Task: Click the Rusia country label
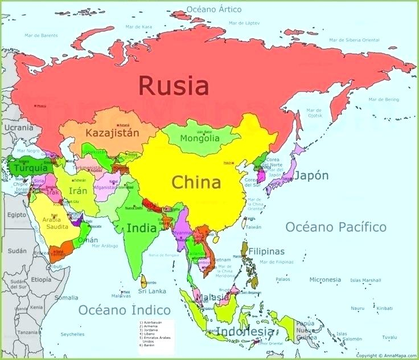pyautogui.click(x=174, y=87)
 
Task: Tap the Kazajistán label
pyautogui.click(x=112, y=133)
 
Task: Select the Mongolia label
pyautogui.click(x=199, y=138)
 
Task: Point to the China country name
pyautogui.click(x=196, y=183)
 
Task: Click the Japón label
pyautogui.click(x=311, y=175)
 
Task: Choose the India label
pyautogui.click(x=142, y=228)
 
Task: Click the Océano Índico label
pyautogui.click(x=124, y=310)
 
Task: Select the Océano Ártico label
pyautogui.click(x=214, y=10)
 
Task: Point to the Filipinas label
pyautogui.click(x=266, y=251)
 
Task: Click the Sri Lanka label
pyautogui.click(x=152, y=291)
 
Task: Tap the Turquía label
pyautogui.click(x=30, y=169)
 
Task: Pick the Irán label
pyautogui.click(x=78, y=191)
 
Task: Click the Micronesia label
pyautogui.click(x=325, y=280)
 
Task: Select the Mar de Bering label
pyautogui.click(x=384, y=100)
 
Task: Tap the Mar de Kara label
pyautogui.click(x=138, y=26)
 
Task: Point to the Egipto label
pyautogui.click(x=17, y=215)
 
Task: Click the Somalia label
pyautogui.click(x=66, y=297)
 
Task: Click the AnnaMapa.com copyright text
pyautogui.click(x=385, y=355)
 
